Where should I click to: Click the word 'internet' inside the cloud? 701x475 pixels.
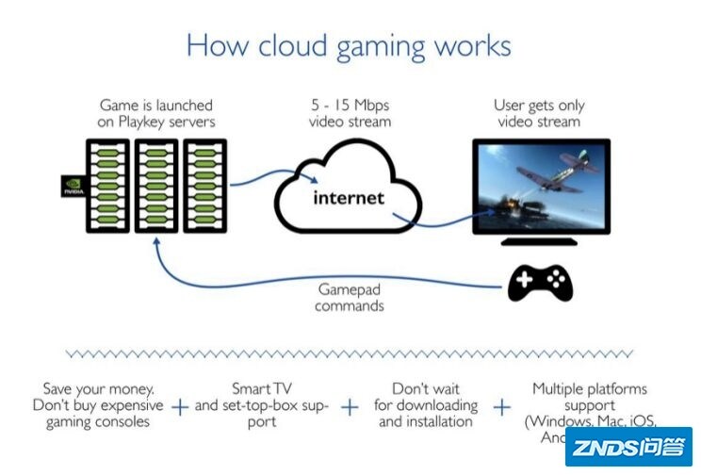pos(349,198)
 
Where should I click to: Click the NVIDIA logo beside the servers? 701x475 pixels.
pos(71,186)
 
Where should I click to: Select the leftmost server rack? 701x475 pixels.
pos(107,186)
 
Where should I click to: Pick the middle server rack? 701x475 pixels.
pos(155,186)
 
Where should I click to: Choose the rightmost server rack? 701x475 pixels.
pos(203,186)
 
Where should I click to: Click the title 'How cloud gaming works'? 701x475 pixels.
pos(349,44)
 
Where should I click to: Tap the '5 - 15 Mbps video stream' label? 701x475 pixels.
pos(350,113)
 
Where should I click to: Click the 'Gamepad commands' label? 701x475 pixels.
pos(350,298)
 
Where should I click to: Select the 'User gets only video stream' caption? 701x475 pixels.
pos(538,113)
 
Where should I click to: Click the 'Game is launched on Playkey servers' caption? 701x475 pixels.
pos(156,113)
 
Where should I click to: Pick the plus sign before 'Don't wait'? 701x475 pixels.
pos(350,406)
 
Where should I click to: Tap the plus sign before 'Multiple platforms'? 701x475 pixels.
pos(502,406)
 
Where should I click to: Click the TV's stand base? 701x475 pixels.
pos(538,241)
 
